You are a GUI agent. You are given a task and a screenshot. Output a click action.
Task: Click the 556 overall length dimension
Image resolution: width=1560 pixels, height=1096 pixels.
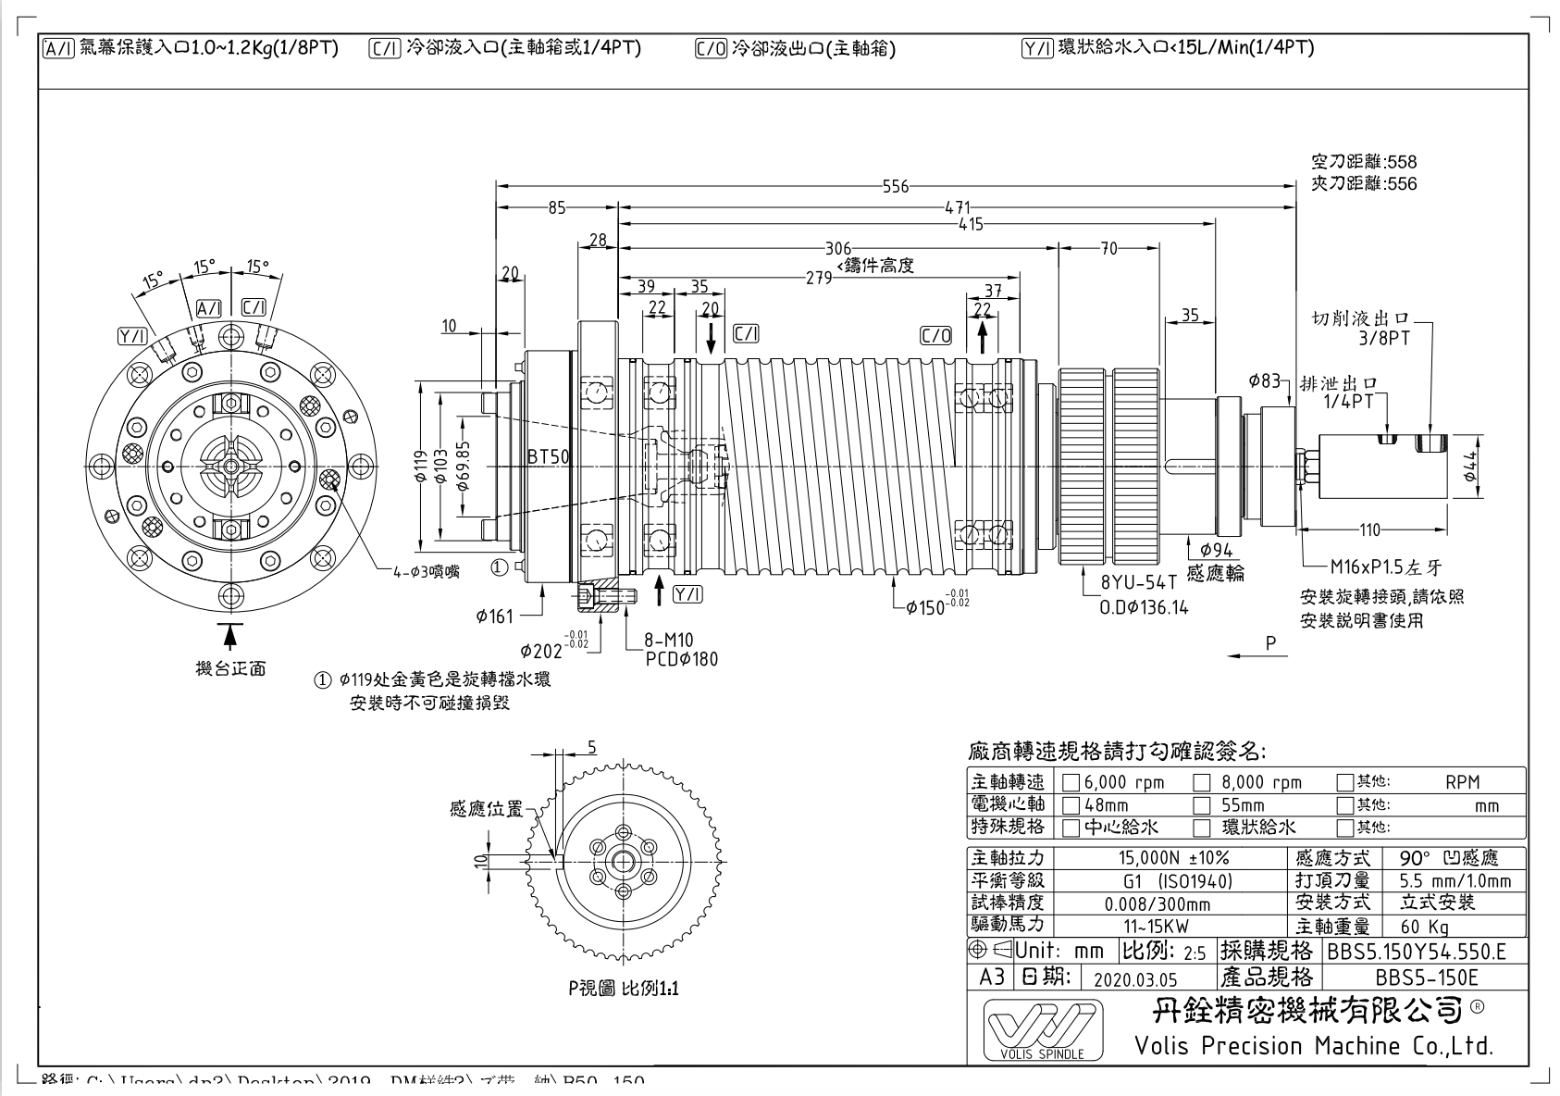point(895,186)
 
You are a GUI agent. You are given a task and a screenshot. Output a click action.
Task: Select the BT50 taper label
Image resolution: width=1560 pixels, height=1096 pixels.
point(549,456)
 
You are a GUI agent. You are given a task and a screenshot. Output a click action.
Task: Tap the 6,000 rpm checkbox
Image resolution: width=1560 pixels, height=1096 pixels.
point(1071,783)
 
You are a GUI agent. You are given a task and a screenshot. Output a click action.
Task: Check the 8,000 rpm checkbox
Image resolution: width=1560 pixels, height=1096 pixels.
point(1202,783)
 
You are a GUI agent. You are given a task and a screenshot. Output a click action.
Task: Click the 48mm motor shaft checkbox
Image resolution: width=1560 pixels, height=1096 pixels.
point(1071,805)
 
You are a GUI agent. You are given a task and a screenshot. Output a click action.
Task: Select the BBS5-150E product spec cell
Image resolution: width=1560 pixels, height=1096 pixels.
point(1426,978)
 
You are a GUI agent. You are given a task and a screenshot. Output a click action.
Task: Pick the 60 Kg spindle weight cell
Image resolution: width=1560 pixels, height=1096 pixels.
point(1425,927)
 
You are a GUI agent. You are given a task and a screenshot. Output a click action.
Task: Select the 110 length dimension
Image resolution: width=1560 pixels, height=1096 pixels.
point(1369,530)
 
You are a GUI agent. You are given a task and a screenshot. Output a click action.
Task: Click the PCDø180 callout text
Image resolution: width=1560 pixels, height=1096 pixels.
point(681,659)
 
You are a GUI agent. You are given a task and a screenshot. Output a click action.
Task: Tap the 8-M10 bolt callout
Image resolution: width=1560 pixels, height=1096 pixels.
point(669,640)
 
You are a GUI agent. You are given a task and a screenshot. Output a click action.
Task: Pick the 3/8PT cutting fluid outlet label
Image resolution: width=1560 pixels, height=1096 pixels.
point(1384,339)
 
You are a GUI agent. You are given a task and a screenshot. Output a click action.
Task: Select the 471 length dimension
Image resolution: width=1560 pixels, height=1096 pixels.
point(957,207)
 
